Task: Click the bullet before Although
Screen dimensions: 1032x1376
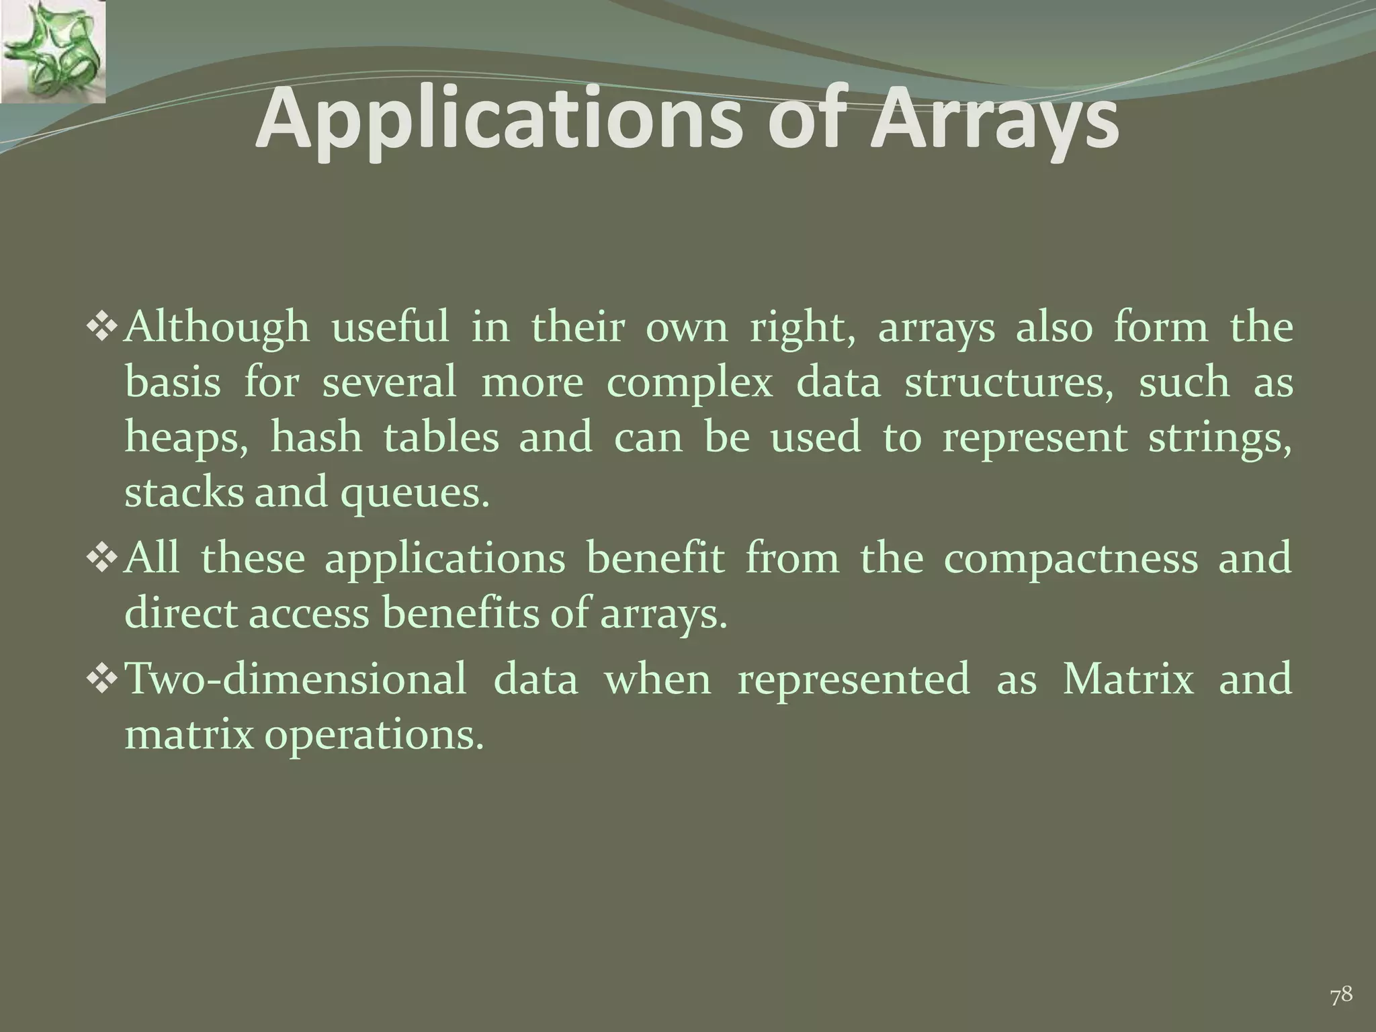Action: (103, 327)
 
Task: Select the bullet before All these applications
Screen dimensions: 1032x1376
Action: (103, 558)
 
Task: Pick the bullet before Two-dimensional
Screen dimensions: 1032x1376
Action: (103, 678)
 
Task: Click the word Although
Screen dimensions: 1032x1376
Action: (218, 329)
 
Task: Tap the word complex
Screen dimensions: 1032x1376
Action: (689, 384)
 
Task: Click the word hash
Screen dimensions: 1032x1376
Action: (316, 437)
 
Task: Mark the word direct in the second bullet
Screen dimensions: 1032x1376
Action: (181, 613)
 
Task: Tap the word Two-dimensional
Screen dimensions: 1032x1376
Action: (296, 679)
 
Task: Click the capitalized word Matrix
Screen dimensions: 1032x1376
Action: (1128, 679)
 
